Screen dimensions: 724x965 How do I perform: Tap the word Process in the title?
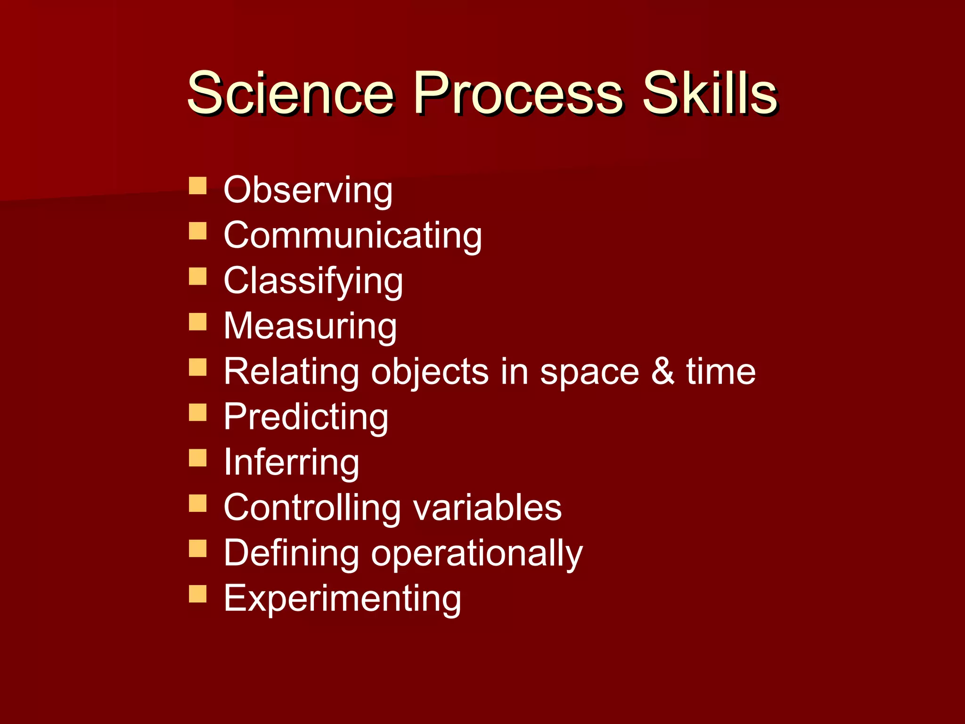[x=518, y=93]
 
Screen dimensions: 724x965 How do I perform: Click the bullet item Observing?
[x=308, y=190]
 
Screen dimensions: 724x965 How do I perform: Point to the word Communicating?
[x=352, y=235]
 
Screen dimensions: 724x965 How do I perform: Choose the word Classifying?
[x=313, y=281]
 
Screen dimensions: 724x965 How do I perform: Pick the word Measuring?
[x=310, y=326]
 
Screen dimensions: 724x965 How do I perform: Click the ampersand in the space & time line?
[x=662, y=371]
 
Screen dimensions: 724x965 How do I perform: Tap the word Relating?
[x=291, y=372]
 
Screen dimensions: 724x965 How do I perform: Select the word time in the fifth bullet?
[x=720, y=371]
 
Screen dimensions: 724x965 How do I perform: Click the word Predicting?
[x=306, y=417]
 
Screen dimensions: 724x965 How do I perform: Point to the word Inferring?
[x=291, y=462]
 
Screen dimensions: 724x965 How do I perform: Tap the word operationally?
[x=476, y=553]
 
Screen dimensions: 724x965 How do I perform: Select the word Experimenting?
[x=342, y=599]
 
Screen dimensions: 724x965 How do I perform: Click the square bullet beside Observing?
[x=197, y=186]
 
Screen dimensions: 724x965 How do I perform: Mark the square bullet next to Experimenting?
[x=197, y=594]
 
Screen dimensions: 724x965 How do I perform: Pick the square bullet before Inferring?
[x=197, y=458]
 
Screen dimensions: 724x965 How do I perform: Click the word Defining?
[x=291, y=552]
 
